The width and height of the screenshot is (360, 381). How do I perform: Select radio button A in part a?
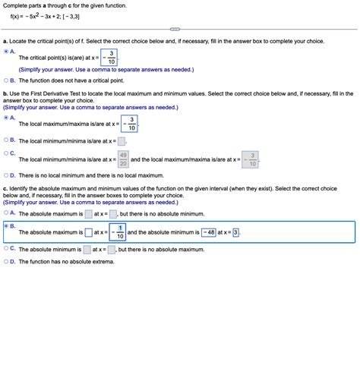click(7, 52)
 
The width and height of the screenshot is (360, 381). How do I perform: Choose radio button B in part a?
click(7, 80)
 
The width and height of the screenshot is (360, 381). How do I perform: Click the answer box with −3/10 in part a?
click(112, 57)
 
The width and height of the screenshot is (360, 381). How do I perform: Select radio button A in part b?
click(7, 118)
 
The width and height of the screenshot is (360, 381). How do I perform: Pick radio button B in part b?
click(7, 140)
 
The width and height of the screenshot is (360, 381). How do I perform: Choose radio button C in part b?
click(7, 153)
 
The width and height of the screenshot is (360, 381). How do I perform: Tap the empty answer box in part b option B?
click(122, 140)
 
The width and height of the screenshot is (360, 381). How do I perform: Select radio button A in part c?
click(7, 213)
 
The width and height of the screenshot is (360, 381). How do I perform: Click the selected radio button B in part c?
click(7, 226)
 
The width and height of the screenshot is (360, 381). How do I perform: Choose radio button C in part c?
click(7, 248)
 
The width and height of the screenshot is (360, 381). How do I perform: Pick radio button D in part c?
click(7, 262)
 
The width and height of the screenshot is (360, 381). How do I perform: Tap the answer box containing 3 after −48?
click(235, 232)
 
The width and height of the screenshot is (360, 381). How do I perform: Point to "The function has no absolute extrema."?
click(67, 262)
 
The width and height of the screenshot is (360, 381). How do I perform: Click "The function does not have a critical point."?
click(73, 80)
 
